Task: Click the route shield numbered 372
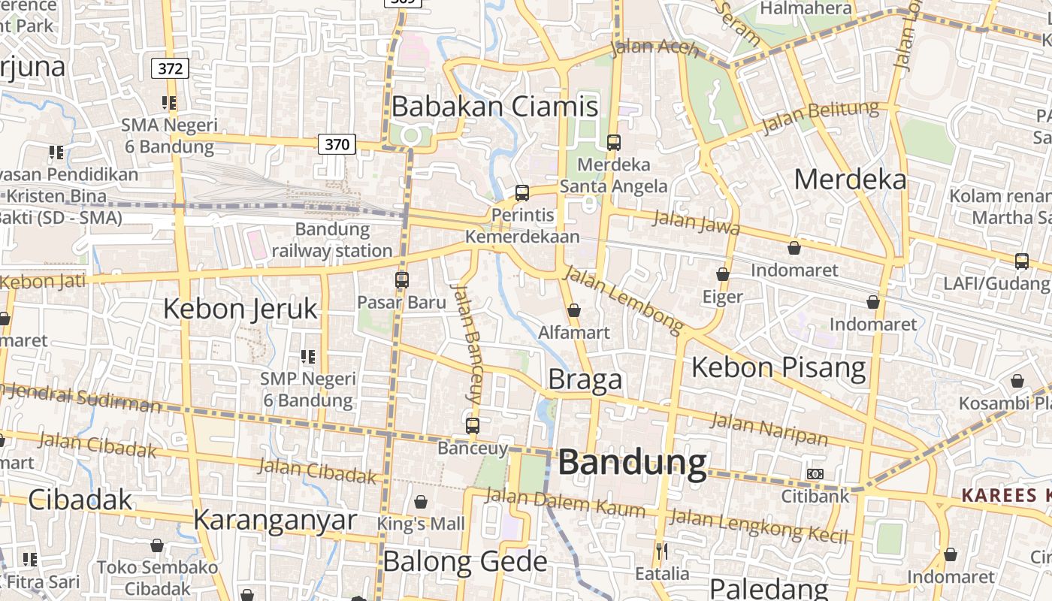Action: [x=171, y=69]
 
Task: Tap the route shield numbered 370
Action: [x=336, y=143]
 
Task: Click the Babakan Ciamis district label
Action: [x=494, y=107]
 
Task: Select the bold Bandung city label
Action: [x=632, y=463]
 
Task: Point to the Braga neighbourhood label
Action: [x=585, y=379]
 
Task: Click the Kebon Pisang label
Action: [x=778, y=367]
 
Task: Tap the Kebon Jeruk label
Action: [x=240, y=309]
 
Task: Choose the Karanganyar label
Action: [x=274, y=520]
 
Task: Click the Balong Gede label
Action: [x=465, y=561]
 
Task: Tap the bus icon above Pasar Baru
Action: [x=402, y=280]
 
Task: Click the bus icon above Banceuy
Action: [x=472, y=426]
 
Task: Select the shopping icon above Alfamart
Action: [x=574, y=310]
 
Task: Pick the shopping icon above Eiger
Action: [x=723, y=275]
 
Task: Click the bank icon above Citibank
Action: [x=815, y=474]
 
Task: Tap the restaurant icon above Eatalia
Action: [x=661, y=551]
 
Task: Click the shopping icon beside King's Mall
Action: [x=421, y=502]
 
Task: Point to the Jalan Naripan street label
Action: [x=769, y=429]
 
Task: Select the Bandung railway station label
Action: [x=332, y=240]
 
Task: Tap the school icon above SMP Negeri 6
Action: [x=307, y=356]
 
